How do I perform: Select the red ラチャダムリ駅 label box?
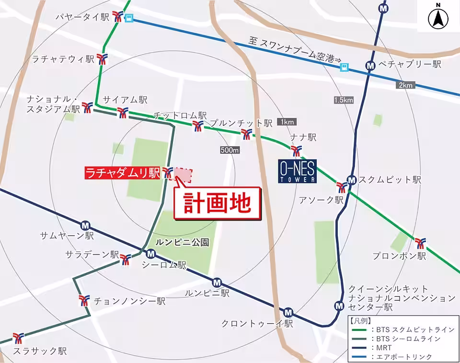122,172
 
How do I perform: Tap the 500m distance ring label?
230,150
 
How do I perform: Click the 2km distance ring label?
404,85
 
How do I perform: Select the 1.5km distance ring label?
344,100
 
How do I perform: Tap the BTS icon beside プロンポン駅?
420,243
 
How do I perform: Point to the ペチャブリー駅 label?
409,64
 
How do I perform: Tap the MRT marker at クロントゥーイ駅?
287,312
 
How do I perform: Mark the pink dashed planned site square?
183,174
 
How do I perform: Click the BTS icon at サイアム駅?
123,113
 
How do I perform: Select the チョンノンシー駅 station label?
129,301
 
